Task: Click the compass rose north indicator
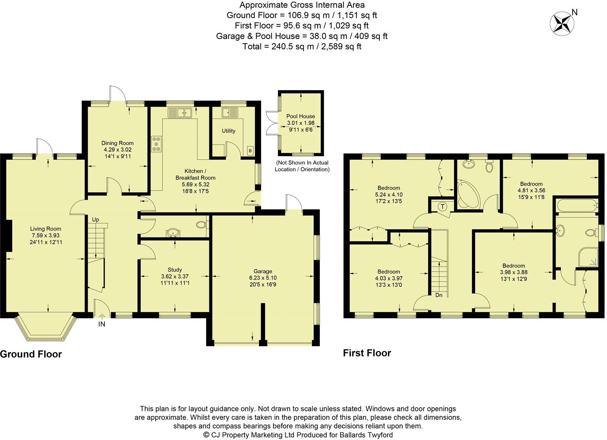562,23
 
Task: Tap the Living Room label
46,229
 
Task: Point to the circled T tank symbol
443,207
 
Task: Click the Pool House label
301,116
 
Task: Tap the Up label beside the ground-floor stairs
95,220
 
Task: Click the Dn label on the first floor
439,295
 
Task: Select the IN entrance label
102,324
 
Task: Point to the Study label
175,270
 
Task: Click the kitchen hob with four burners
156,144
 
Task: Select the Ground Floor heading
31,354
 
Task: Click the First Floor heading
367,353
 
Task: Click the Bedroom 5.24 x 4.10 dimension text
389,194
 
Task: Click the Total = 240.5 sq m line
302,47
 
